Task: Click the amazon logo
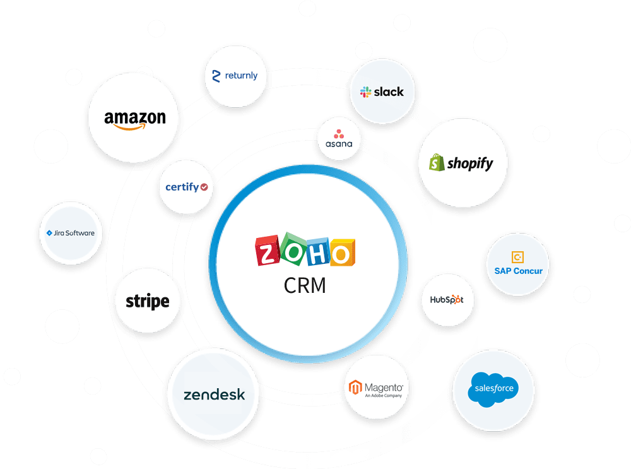135,120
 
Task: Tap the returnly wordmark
241,76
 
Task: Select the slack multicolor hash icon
365,92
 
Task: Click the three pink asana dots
339,134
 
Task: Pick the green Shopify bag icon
437,162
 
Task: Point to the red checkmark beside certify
204,187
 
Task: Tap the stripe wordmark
147,301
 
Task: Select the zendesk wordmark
214,395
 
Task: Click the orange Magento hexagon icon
355,388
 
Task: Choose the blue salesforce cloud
493,389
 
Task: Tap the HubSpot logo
447,299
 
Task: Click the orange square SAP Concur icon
517,257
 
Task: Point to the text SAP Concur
518,271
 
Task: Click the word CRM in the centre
305,285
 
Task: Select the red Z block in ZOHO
267,251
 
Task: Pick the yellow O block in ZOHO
343,253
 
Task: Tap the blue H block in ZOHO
318,252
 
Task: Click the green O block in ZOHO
294,249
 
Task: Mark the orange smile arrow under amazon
129,128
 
